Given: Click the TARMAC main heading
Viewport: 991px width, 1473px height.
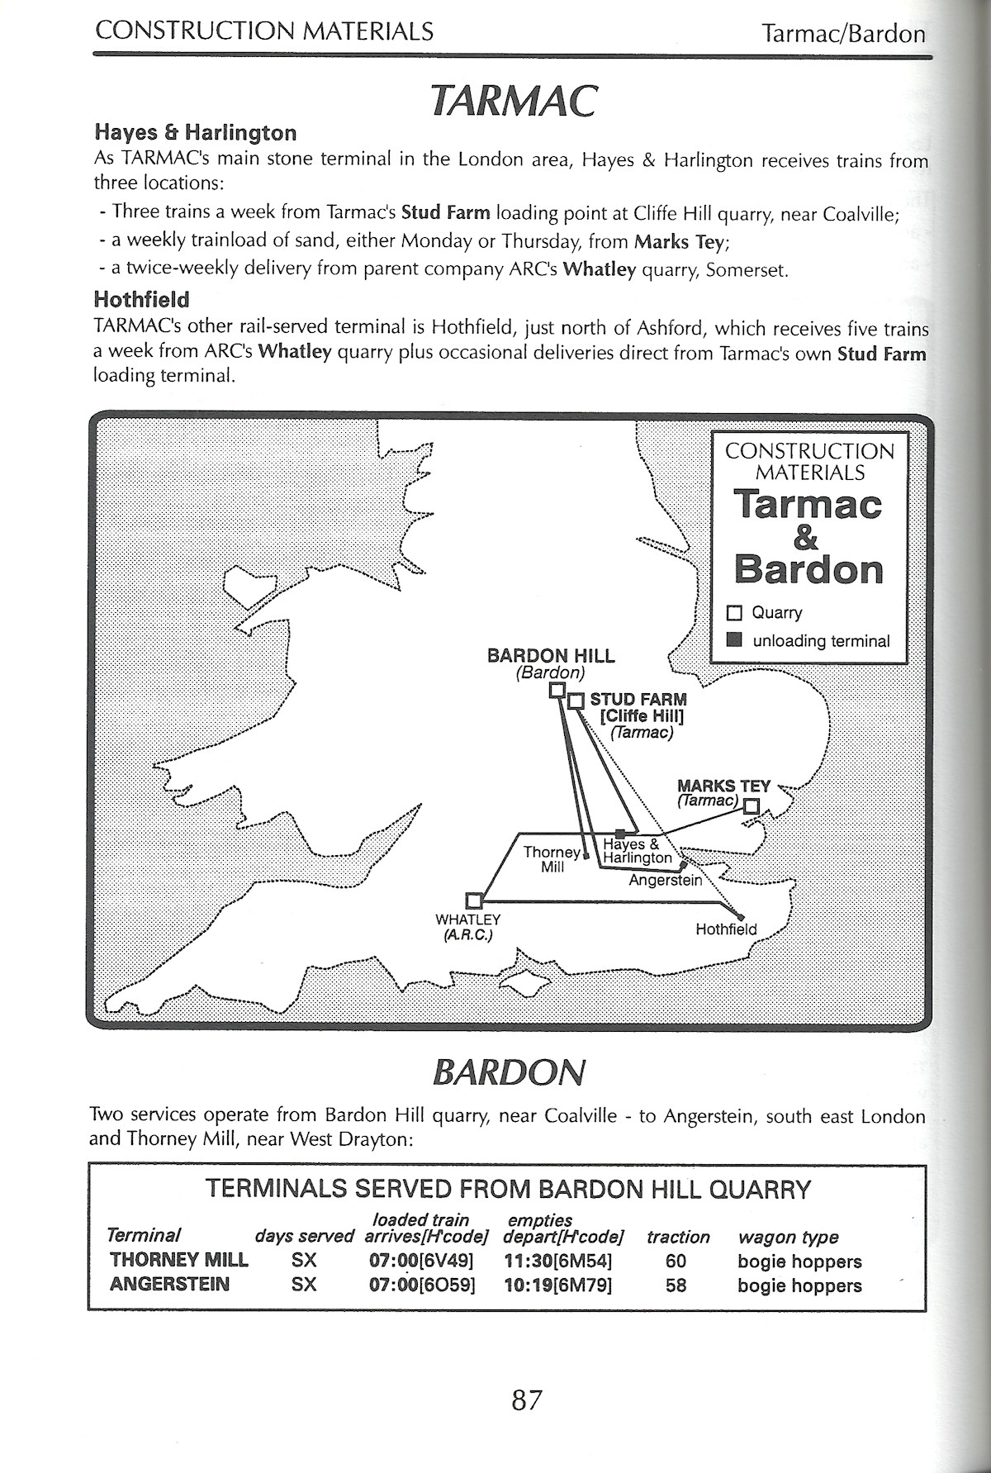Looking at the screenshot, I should coord(513,102).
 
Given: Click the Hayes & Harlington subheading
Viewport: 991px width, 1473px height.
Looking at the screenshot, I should coord(195,132).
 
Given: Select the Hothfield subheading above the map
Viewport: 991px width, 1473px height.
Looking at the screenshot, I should coord(141,299).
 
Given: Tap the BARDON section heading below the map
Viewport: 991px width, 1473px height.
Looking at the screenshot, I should coord(508,1072).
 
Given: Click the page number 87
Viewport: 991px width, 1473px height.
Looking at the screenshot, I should coord(526,1400).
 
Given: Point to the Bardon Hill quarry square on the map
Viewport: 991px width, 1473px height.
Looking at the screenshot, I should coord(557,690).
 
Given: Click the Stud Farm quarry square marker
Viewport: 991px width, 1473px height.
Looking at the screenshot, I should coord(576,701).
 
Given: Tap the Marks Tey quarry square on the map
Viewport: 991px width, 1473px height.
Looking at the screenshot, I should coord(751,806).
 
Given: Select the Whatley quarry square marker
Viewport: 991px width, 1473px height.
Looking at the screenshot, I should coord(474,900).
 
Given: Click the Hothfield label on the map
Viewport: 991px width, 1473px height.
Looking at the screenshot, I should coord(725,929).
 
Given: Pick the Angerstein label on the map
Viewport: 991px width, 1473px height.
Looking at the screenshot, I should coord(665,881).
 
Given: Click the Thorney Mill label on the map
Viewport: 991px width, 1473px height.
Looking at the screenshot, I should coord(552,859).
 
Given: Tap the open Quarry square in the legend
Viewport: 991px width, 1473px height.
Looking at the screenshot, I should coord(734,613).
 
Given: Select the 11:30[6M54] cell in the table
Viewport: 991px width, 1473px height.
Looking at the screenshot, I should coord(557,1261).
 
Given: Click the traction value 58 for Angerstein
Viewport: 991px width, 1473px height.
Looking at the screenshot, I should coord(676,1285).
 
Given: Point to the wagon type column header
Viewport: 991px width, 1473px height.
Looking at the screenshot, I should coord(788,1237).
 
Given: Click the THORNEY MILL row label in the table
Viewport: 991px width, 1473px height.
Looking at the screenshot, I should coord(178,1261).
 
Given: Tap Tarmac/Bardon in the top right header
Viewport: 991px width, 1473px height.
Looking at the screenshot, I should coord(842,34).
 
